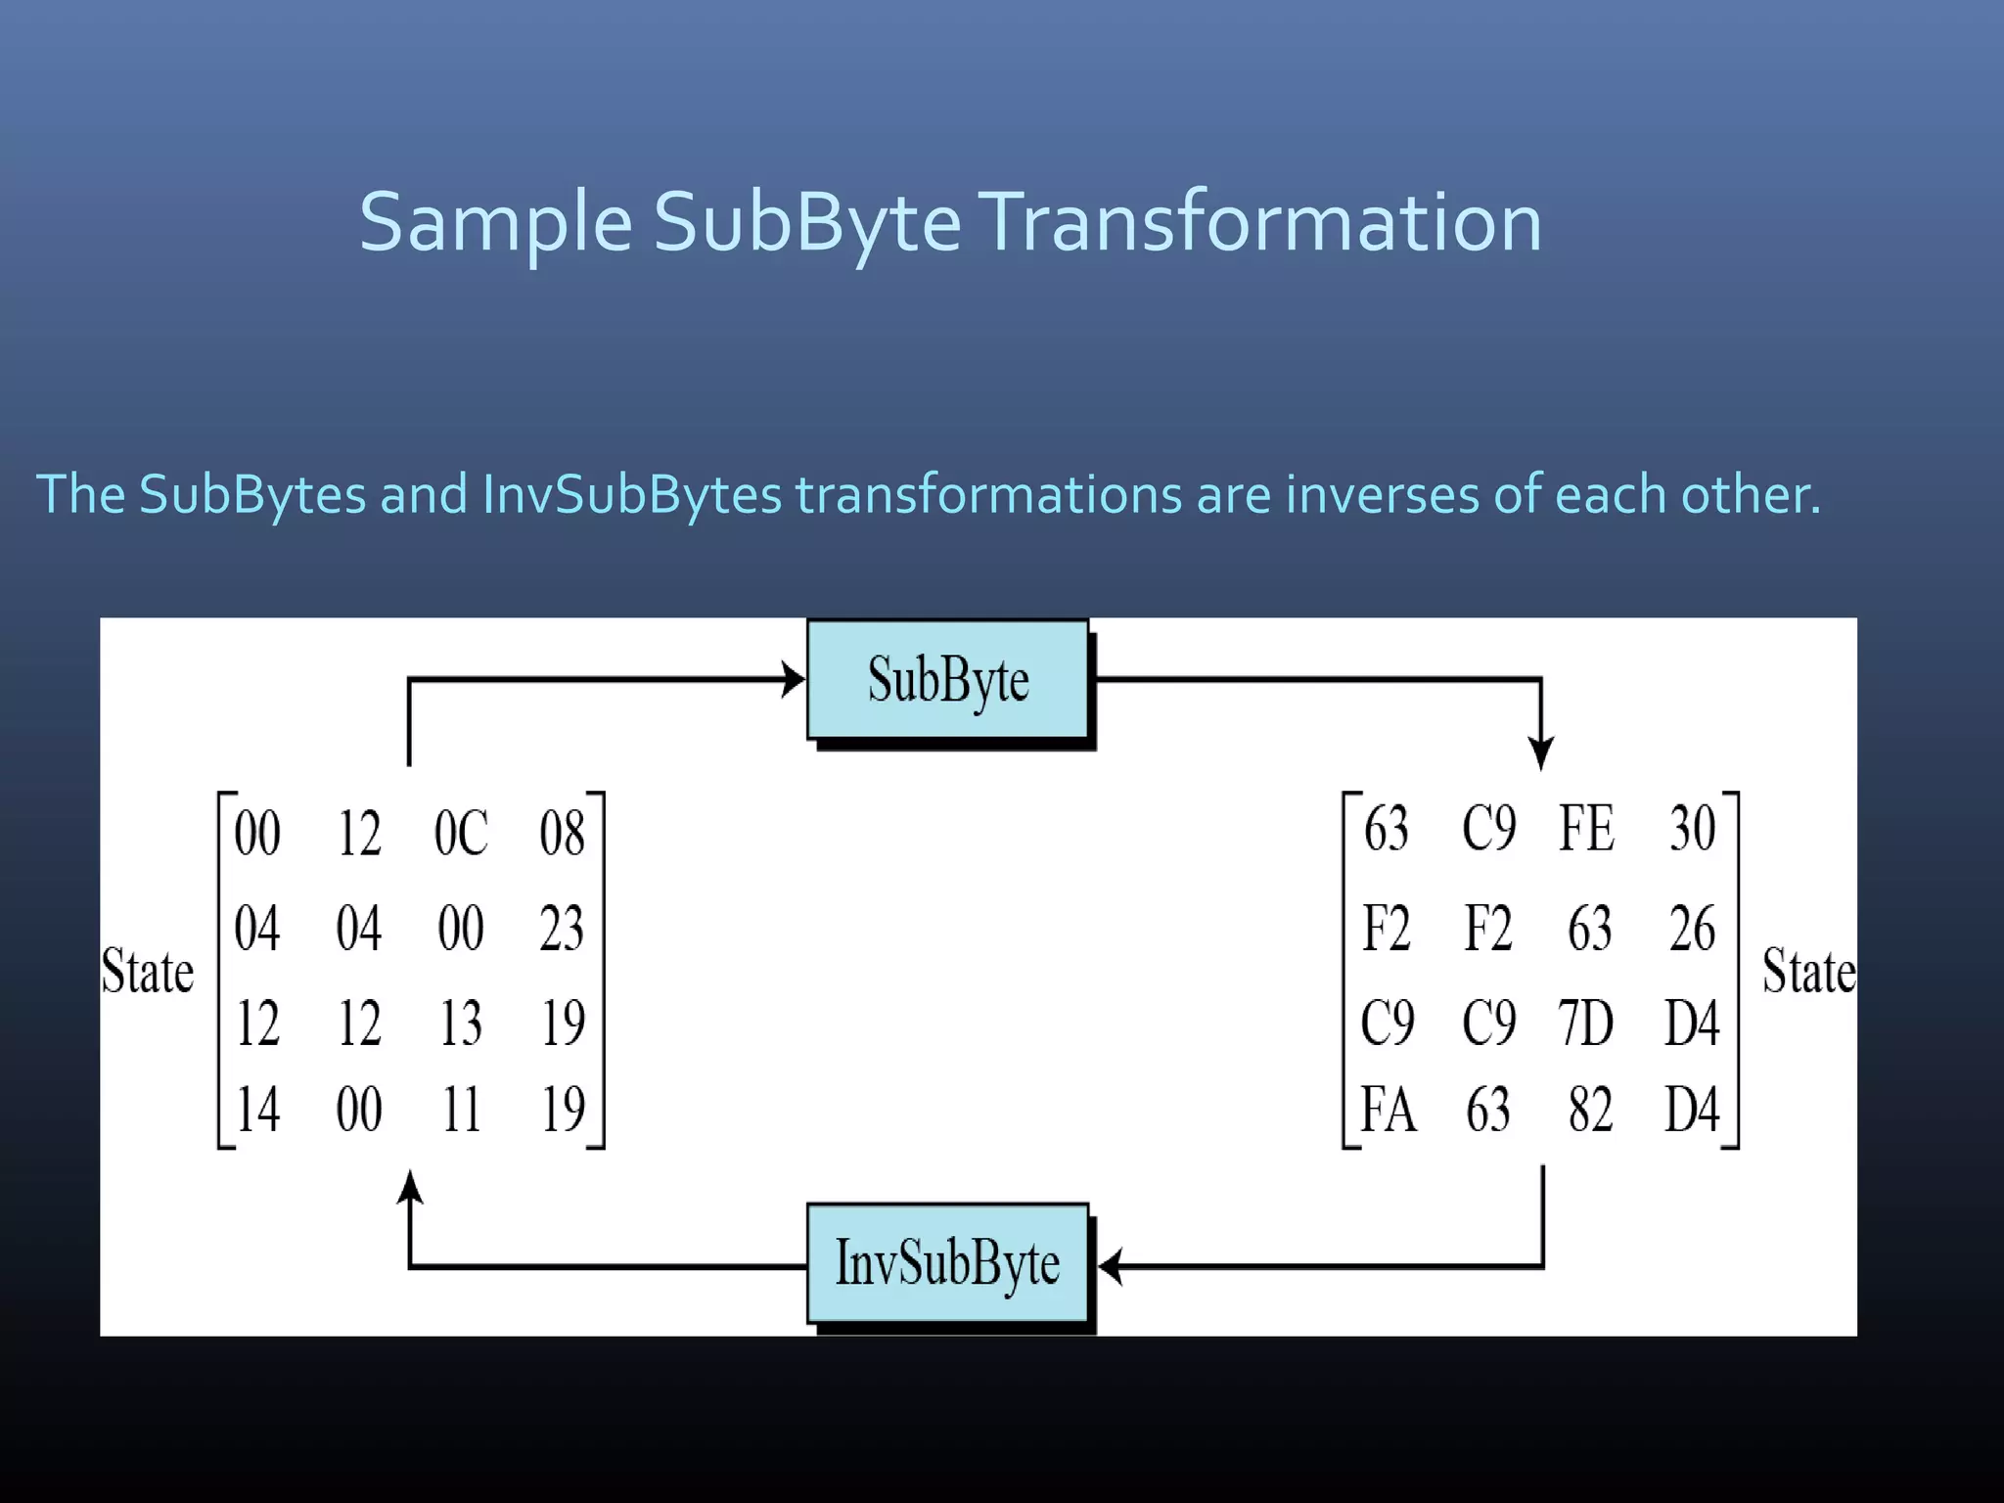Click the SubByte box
947,680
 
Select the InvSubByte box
947,1263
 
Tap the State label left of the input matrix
148,972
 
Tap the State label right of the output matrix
1808,972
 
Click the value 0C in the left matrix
461,834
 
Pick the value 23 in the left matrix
562,929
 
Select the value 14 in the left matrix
257,1110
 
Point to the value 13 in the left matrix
461,1024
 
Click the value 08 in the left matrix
562,834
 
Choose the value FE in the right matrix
1586,829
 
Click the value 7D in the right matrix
1586,1024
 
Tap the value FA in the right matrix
1388,1110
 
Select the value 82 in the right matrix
1590,1110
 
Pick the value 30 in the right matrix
1692,829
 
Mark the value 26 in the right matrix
1692,929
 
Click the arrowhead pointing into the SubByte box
794,679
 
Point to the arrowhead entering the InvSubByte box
1110,1266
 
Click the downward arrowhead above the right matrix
1541,754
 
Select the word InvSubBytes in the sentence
632,494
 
